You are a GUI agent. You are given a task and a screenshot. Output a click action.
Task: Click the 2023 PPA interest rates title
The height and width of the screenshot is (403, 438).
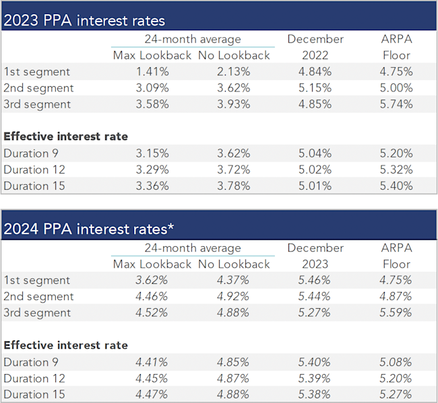click(84, 21)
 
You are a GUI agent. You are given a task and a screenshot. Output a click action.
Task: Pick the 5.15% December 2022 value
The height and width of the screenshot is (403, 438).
click(315, 88)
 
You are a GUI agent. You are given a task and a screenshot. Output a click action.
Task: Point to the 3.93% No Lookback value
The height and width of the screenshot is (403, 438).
click(234, 104)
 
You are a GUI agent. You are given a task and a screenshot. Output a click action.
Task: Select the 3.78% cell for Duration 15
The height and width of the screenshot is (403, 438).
click(234, 186)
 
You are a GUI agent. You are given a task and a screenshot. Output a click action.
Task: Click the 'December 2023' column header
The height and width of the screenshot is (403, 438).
click(315, 256)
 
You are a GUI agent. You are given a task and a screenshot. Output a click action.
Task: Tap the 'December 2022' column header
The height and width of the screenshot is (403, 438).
click(315, 47)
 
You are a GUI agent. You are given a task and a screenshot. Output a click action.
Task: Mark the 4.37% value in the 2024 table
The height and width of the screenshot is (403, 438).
click(234, 281)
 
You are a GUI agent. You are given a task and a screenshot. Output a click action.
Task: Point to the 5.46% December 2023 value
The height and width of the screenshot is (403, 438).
click(315, 281)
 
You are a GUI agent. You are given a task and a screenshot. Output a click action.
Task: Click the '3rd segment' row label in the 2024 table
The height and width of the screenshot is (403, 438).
click(37, 313)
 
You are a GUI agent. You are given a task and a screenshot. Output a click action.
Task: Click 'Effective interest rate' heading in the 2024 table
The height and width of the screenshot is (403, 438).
click(65, 345)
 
